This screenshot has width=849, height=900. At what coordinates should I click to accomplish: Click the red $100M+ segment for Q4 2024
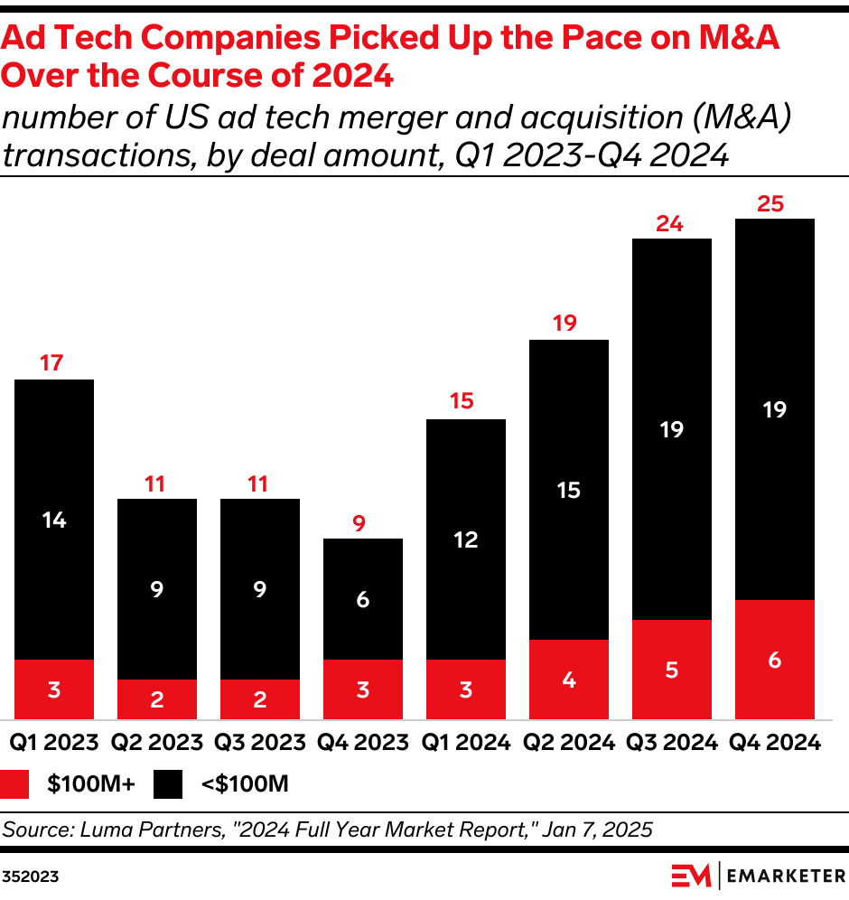point(775,659)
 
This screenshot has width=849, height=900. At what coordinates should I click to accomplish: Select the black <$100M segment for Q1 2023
point(54,520)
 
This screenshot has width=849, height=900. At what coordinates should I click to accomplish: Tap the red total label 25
point(770,204)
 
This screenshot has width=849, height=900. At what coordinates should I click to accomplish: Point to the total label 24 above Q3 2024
point(668,224)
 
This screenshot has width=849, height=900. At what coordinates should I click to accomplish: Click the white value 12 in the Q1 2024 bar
point(466,539)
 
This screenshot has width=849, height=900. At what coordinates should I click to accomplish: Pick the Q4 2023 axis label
point(362,743)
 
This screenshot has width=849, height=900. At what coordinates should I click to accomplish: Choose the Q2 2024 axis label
point(568,743)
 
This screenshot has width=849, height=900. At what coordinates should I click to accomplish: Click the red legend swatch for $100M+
point(16,783)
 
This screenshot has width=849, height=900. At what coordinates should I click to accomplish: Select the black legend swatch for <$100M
point(169,783)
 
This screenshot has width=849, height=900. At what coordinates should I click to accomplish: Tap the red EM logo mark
point(691,876)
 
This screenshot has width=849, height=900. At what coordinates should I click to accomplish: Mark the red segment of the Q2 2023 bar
point(157,698)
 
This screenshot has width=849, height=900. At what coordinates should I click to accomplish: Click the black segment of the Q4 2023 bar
point(362,599)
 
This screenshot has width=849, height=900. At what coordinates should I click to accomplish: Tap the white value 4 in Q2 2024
point(569,679)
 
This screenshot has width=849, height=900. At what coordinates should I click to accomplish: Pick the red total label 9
point(359,522)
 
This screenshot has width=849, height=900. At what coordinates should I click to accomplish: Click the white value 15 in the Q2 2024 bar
point(569,490)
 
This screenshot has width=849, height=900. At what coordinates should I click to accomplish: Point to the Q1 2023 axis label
point(53,743)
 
